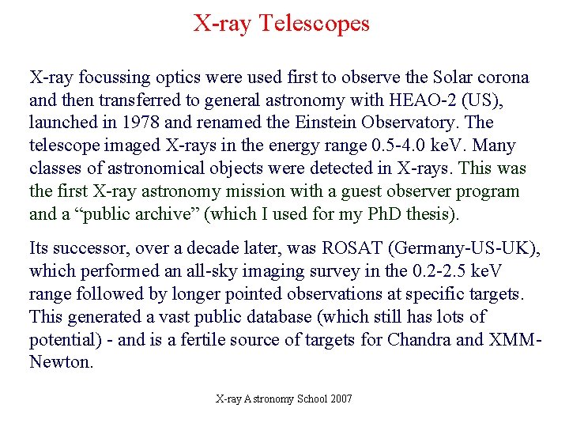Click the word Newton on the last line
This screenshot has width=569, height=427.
pyautogui.click(x=59, y=363)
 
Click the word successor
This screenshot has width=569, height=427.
pyautogui.click(x=92, y=248)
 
